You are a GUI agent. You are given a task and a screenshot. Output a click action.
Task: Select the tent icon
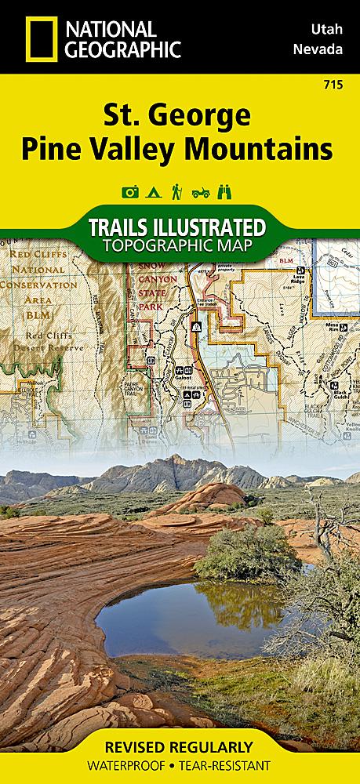pyautogui.click(x=154, y=191)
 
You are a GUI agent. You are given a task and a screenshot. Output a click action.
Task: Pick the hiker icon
pyautogui.click(x=179, y=191)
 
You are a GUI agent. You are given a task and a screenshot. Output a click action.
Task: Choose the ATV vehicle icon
pyautogui.click(x=203, y=191)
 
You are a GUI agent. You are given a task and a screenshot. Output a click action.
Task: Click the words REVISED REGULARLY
pyautogui.click(x=180, y=747)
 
